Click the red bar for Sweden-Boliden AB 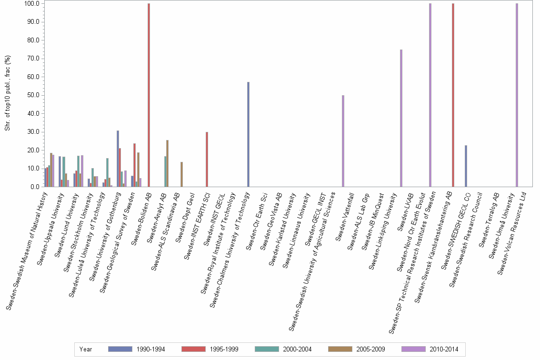point(149,95)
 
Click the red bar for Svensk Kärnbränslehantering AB point(453,95)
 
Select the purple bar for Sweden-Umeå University point(517,95)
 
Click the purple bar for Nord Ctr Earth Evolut point(430,95)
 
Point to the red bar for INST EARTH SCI point(207,159)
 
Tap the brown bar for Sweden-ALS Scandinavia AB point(181,174)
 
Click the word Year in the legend point(86,349)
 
